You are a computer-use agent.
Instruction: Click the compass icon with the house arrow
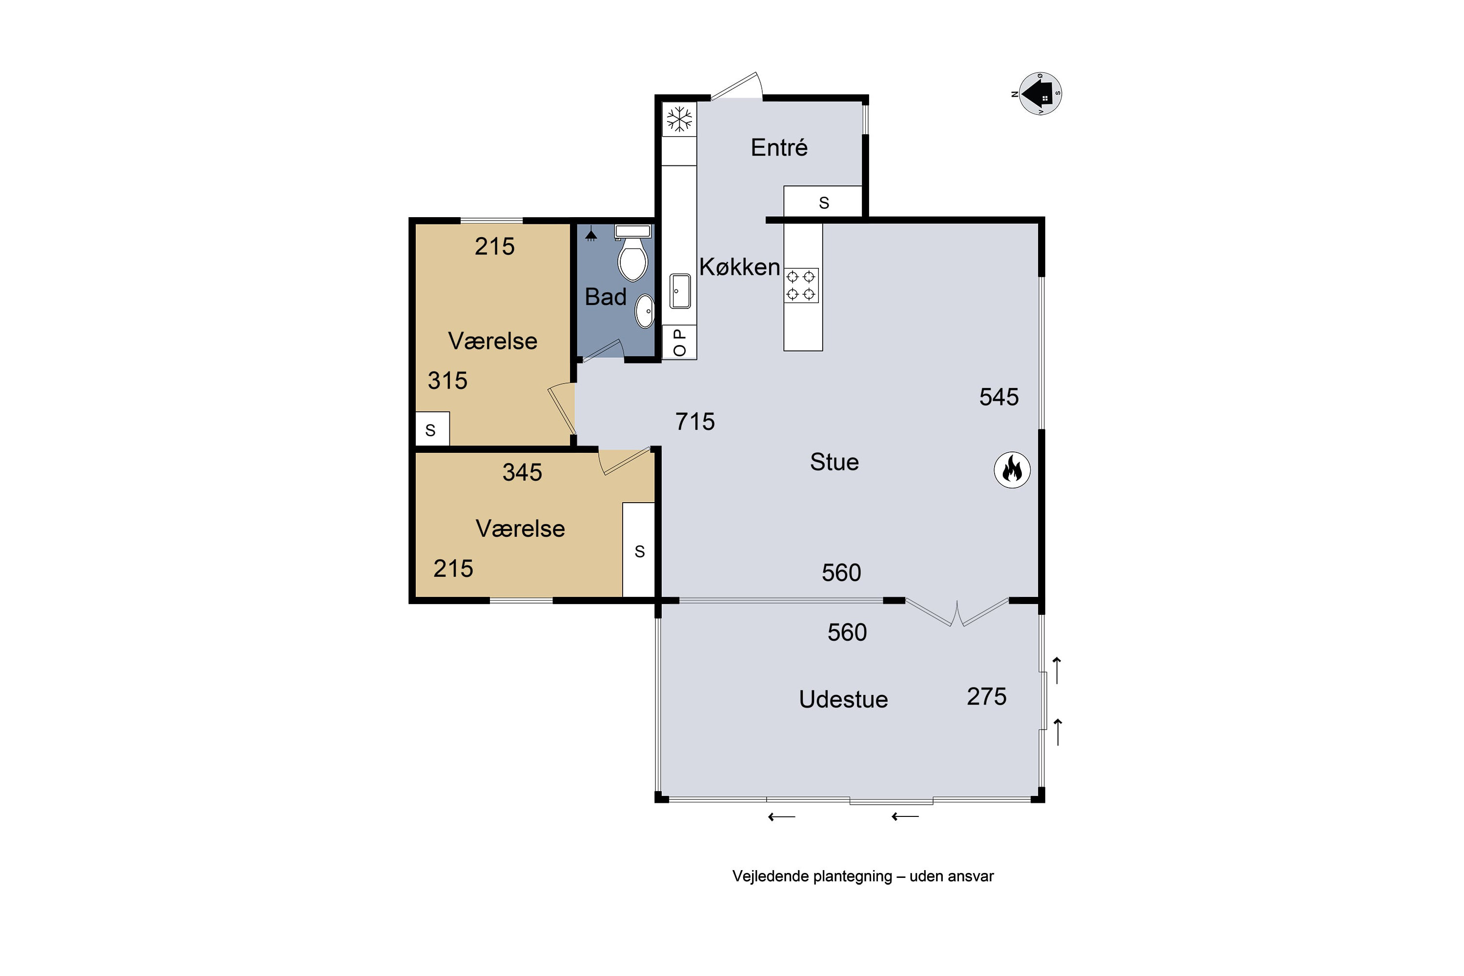1040,93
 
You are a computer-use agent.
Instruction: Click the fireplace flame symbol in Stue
1012,469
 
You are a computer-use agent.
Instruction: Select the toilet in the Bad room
633,253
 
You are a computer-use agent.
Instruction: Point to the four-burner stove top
801,285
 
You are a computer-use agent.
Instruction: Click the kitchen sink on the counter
680,291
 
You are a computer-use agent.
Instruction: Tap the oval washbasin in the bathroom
645,310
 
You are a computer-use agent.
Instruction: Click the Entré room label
779,147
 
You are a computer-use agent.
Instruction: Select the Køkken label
739,266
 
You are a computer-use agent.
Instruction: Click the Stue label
834,462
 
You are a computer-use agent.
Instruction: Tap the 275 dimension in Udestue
987,696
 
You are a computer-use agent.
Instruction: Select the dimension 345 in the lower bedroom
522,472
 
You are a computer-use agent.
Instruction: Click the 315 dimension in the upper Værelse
447,380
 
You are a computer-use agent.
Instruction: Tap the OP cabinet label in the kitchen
680,343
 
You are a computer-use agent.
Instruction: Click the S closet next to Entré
824,203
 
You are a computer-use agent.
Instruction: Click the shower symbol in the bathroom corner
590,235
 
